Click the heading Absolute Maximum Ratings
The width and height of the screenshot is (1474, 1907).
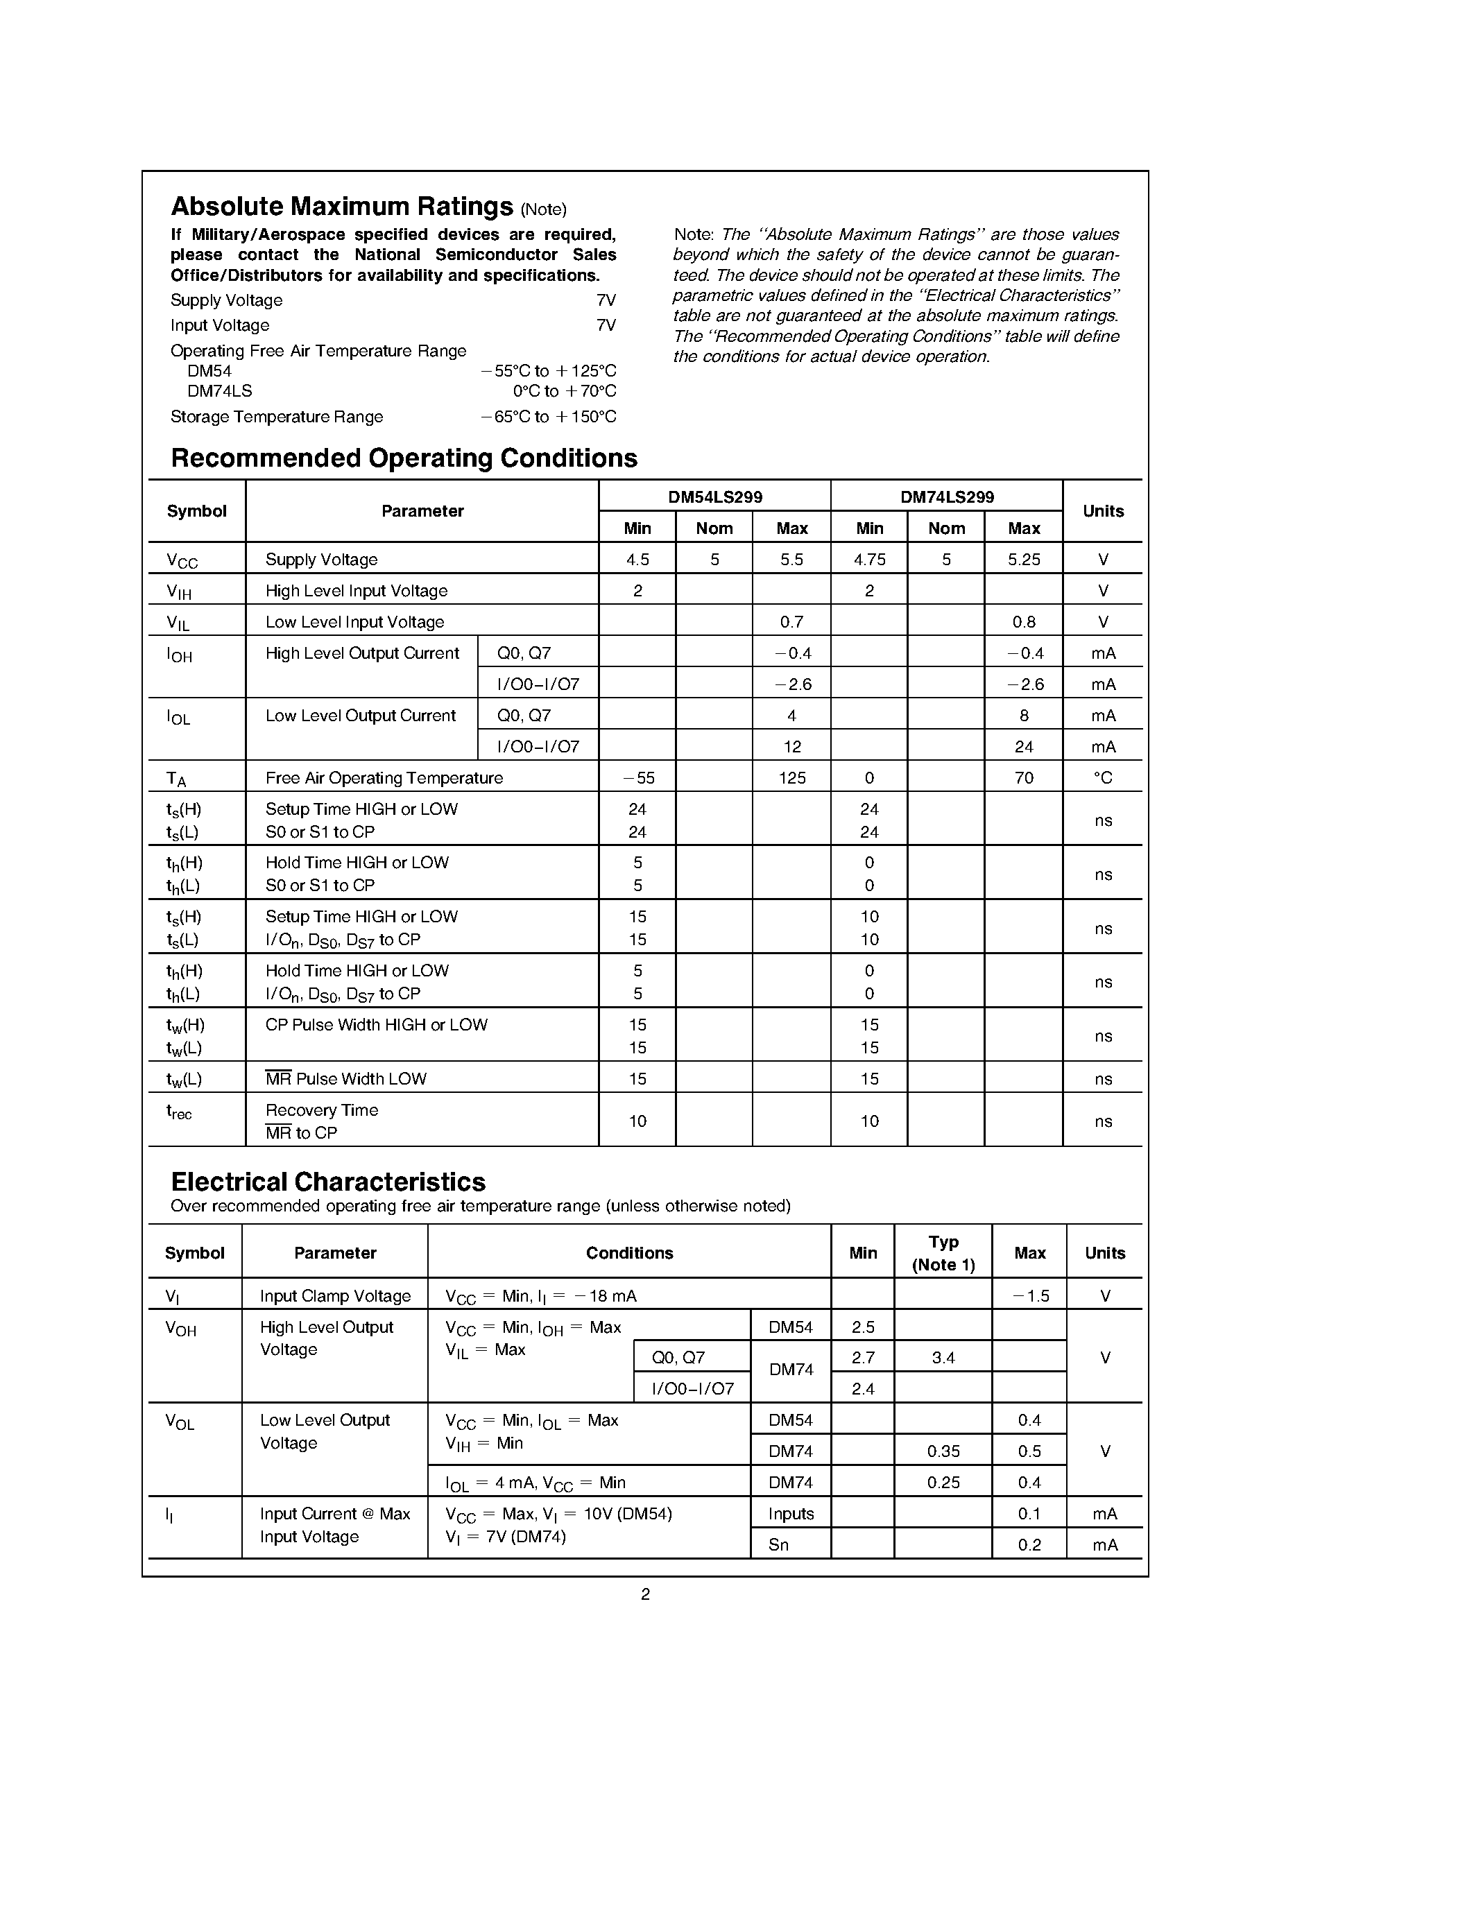pyautogui.click(x=341, y=207)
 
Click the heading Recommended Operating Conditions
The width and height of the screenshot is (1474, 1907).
pyautogui.click(x=404, y=458)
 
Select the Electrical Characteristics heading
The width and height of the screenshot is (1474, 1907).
pyautogui.click(x=327, y=1182)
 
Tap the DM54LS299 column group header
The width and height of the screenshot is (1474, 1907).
pyautogui.click(x=714, y=497)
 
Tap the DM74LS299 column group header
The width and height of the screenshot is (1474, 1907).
pyautogui.click(x=947, y=497)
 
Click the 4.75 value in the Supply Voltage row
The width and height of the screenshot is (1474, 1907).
pyautogui.click(x=869, y=560)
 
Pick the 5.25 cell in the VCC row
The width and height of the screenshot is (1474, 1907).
pyautogui.click(x=1023, y=560)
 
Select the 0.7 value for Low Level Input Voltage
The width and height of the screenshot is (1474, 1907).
pyautogui.click(x=791, y=623)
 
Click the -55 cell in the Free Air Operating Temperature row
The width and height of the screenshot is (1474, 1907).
pyautogui.click(x=637, y=778)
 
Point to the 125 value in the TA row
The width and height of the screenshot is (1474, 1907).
pyautogui.click(x=791, y=778)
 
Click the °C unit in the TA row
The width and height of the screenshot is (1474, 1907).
pyautogui.click(x=1103, y=778)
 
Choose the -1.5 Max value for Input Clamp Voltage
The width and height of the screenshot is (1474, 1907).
pyautogui.click(x=1029, y=1296)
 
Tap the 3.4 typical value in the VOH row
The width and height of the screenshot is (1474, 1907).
pyautogui.click(x=943, y=1358)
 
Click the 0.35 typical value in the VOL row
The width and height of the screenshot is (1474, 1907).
pyautogui.click(x=943, y=1451)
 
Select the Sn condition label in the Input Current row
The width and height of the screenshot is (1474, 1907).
pyautogui.click(x=778, y=1544)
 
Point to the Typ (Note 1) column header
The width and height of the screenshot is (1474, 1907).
pyautogui.click(x=943, y=1253)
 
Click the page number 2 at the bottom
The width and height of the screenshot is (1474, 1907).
pyautogui.click(x=645, y=1594)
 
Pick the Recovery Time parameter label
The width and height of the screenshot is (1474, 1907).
pyautogui.click(x=321, y=1111)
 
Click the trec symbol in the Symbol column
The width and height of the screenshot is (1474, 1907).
pyautogui.click(x=179, y=1112)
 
